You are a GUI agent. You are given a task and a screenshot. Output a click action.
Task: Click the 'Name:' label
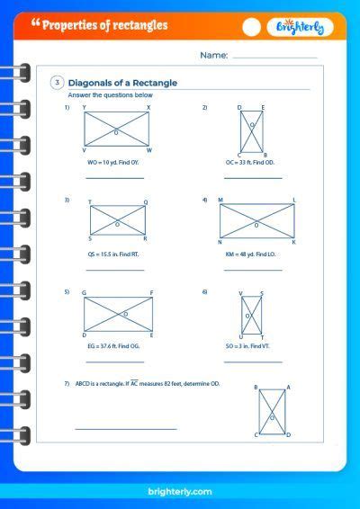point(214,56)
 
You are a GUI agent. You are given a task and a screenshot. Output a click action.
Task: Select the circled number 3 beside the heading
point(58,83)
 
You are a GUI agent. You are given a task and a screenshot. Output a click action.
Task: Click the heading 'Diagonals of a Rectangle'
point(123,83)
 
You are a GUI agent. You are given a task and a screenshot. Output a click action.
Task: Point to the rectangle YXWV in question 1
point(117,129)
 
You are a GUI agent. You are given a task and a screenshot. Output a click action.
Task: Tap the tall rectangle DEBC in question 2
point(251,130)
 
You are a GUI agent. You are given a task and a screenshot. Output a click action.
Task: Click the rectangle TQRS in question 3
point(117,220)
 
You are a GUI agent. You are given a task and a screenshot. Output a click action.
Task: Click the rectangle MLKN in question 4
point(256,221)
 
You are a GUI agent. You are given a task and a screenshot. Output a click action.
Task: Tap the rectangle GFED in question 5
point(117,314)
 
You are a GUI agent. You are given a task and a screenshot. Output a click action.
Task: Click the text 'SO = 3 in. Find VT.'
point(251,345)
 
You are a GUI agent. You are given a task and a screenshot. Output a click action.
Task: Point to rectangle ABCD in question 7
point(272,413)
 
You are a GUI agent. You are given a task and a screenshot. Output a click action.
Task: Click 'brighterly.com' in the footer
point(181,492)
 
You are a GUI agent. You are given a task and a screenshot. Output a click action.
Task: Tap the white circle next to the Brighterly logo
point(253,28)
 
